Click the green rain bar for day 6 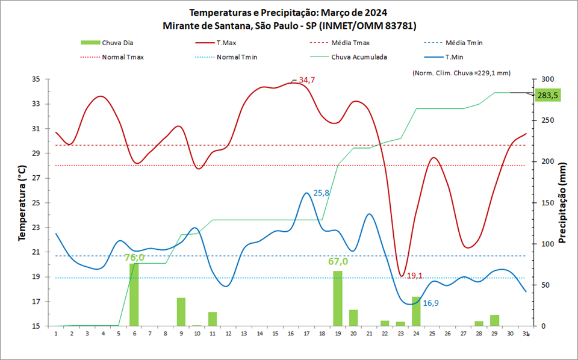pyautogui.click(x=134, y=295)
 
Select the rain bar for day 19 pyautogui.click(x=338, y=299)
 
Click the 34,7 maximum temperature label pyautogui.click(x=307, y=79)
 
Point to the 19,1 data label pyautogui.click(x=414, y=276)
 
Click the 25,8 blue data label pyautogui.click(x=322, y=193)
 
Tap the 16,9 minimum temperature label pyautogui.click(x=430, y=303)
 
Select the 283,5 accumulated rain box pyautogui.click(x=548, y=95)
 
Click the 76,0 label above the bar pyautogui.click(x=134, y=258)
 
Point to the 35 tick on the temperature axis pyautogui.click(x=36, y=79)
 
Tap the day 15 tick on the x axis pyautogui.click(x=275, y=334)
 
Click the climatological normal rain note pyautogui.click(x=461, y=73)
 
